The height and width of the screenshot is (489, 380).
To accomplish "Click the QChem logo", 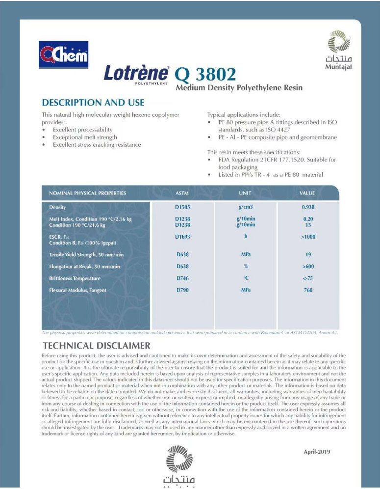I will point(63,55).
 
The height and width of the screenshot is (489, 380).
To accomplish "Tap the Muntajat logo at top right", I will point(339,49).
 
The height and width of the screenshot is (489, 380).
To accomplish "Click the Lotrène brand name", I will point(136,74).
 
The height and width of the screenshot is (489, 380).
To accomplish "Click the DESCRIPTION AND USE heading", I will point(93,103).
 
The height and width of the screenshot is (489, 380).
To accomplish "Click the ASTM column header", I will point(182,193).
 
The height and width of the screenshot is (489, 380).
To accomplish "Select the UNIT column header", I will point(245,193).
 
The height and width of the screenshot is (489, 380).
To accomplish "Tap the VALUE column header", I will point(307,193).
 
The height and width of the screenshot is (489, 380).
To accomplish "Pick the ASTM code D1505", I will point(182,207).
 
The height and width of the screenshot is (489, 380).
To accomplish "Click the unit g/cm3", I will point(246,207).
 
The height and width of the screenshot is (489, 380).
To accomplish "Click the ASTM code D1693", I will point(182,237).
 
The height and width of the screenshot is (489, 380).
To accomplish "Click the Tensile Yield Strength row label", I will point(86,255).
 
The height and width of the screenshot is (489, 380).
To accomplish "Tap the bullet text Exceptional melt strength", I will point(85,137).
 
